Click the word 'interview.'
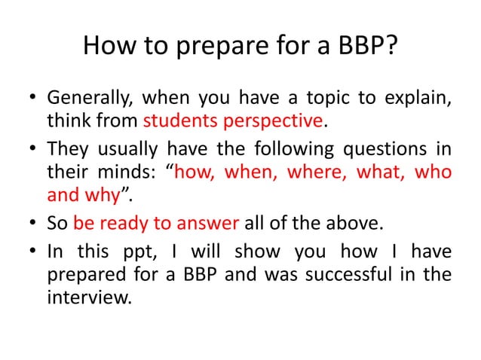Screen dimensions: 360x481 (x=89, y=296)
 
